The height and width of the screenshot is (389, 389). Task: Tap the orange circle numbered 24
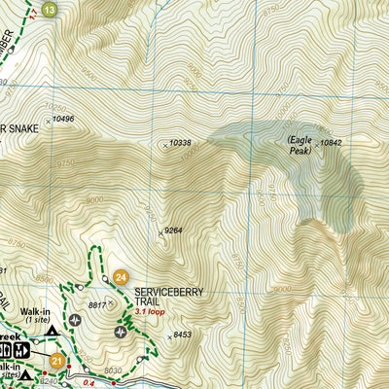[121, 277]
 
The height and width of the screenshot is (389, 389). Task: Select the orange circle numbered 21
[56, 362]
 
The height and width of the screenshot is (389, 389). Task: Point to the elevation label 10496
[62, 119]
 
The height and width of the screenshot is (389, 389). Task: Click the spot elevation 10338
[180, 143]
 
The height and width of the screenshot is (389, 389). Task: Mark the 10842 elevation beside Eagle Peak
[332, 143]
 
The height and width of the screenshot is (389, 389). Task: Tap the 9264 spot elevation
[173, 230]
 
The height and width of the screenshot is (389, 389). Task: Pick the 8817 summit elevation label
[96, 304]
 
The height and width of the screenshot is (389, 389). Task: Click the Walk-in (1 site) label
[37, 315]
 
